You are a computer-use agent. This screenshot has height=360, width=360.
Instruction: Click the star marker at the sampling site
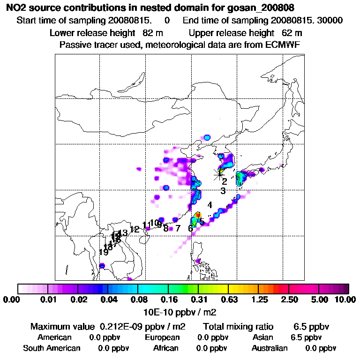click(219, 174)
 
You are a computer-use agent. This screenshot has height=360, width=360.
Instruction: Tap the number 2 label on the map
click(225, 181)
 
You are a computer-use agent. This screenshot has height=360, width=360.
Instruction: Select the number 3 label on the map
click(223, 191)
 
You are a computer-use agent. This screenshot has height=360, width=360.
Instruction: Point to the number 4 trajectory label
click(210, 205)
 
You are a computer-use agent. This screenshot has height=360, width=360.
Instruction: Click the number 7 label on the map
click(178, 228)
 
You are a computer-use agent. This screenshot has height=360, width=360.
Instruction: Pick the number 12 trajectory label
click(135, 229)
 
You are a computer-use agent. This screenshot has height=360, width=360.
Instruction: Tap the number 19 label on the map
click(104, 252)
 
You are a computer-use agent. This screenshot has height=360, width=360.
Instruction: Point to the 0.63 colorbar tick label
click(228, 300)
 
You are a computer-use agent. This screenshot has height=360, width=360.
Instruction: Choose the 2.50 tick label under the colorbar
click(289, 300)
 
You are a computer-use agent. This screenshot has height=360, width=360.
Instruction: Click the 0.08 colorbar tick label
click(137, 300)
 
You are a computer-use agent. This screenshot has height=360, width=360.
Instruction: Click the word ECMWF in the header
click(285, 45)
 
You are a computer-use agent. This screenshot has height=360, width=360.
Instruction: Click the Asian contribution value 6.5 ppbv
click(307, 337)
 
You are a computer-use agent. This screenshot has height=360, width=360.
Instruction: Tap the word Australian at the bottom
click(270, 348)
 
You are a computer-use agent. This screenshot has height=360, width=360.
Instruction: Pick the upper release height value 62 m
click(292, 33)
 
